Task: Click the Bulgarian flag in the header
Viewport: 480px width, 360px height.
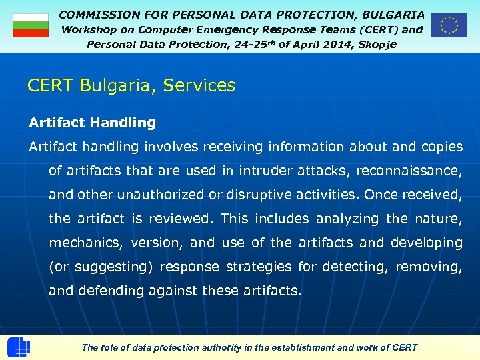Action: tap(30, 25)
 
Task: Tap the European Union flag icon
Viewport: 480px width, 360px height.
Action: tap(449, 25)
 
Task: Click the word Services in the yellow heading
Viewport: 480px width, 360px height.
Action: tap(199, 85)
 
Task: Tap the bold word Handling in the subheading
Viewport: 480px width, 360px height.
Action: tap(123, 123)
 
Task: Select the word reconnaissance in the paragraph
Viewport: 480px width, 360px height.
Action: tap(408, 171)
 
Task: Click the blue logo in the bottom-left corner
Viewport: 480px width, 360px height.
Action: tap(18, 348)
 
